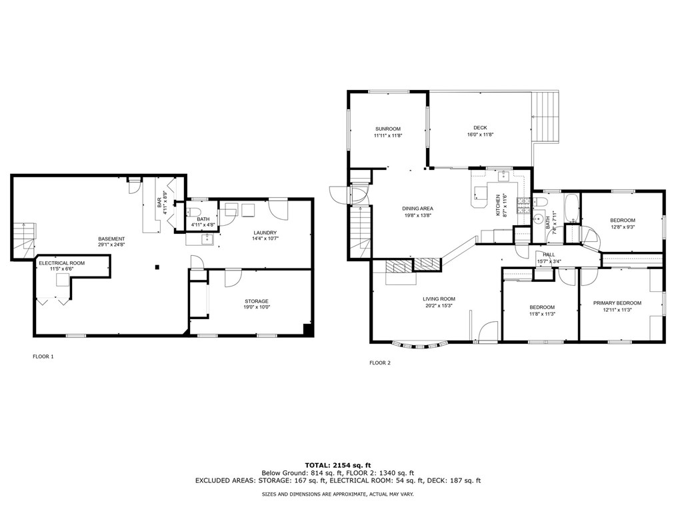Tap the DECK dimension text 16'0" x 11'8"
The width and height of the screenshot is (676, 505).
click(x=480, y=135)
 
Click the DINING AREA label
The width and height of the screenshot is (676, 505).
click(x=417, y=209)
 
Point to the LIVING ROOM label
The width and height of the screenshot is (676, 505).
click(x=438, y=299)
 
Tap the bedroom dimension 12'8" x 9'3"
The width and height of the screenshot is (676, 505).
click(x=622, y=227)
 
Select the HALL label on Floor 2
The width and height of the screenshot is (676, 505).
click(x=548, y=254)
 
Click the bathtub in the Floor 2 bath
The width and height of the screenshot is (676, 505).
click(x=571, y=209)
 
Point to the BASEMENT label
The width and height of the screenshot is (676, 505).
click(x=111, y=239)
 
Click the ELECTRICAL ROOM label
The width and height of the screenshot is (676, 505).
click(x=61, y=264)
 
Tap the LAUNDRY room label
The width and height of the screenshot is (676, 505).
click(x=265, y=233)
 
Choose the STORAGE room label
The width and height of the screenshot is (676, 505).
click(x=256, y=301)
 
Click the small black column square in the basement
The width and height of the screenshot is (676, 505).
click(x=157, y=267)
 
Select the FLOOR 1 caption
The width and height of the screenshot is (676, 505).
click(x=43, y=356)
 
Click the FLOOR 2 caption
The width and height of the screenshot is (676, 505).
click(x=380, y=363)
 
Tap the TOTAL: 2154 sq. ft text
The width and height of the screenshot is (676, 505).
click(x=337, y=464)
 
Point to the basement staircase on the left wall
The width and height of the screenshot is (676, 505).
click(x=23, y=237)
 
